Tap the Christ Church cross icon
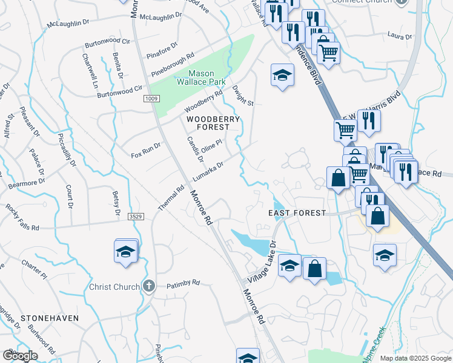tap(149, 287)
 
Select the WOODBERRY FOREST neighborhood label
tap(213, 123)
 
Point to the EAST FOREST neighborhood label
tap(297, 213)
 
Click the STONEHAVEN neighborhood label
tap(42, 317)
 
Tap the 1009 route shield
tap(151, 98)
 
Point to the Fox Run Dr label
tap(146, 151)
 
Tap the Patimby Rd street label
tap(183, 283)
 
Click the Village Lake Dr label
tap(262, 262)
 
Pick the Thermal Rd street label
tap(175, 197)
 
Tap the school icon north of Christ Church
tap(125, 252)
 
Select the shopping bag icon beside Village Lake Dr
tap(315, 269)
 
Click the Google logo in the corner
tap(21, 355)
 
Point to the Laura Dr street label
tap(399, 36)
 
